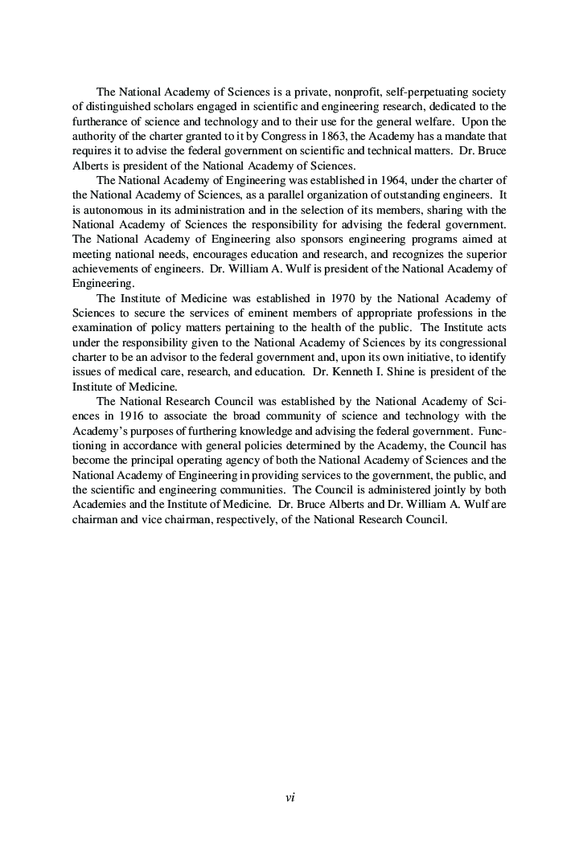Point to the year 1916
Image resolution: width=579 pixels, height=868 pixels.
click(x=119, y=416)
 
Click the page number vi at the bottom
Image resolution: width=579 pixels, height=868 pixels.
click(x=290, y=797)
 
